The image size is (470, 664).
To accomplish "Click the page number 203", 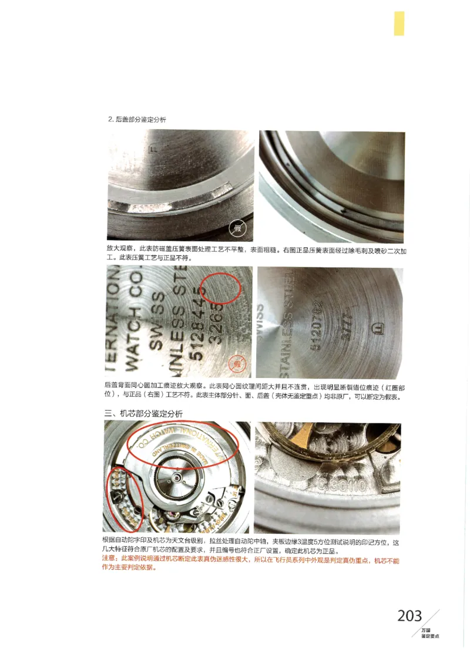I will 409,615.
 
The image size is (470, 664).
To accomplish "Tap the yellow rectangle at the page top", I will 399,23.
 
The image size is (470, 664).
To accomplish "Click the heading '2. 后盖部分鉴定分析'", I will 137,119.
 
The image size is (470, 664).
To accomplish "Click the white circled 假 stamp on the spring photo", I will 237,228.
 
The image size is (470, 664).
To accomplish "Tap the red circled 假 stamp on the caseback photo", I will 237,364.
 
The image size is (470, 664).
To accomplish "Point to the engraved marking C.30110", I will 344,486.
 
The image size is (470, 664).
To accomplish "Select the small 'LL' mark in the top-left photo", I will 155,149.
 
